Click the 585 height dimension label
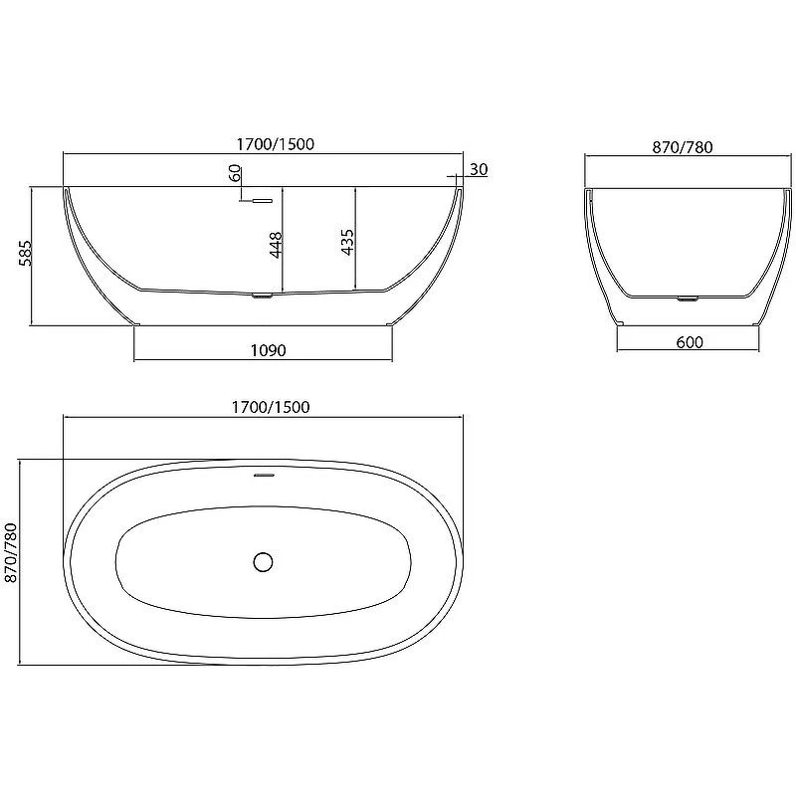pos(25,253)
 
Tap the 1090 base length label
pos(268,350)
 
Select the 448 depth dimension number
pos(276,245)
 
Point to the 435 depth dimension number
pos(347,242)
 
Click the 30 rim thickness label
pos(479,169)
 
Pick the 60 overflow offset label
pos(235,173)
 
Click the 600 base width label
pos(690,342)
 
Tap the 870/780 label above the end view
pos(683,147)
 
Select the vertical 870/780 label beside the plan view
pos(11,553)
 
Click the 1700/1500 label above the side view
pos(276,144)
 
